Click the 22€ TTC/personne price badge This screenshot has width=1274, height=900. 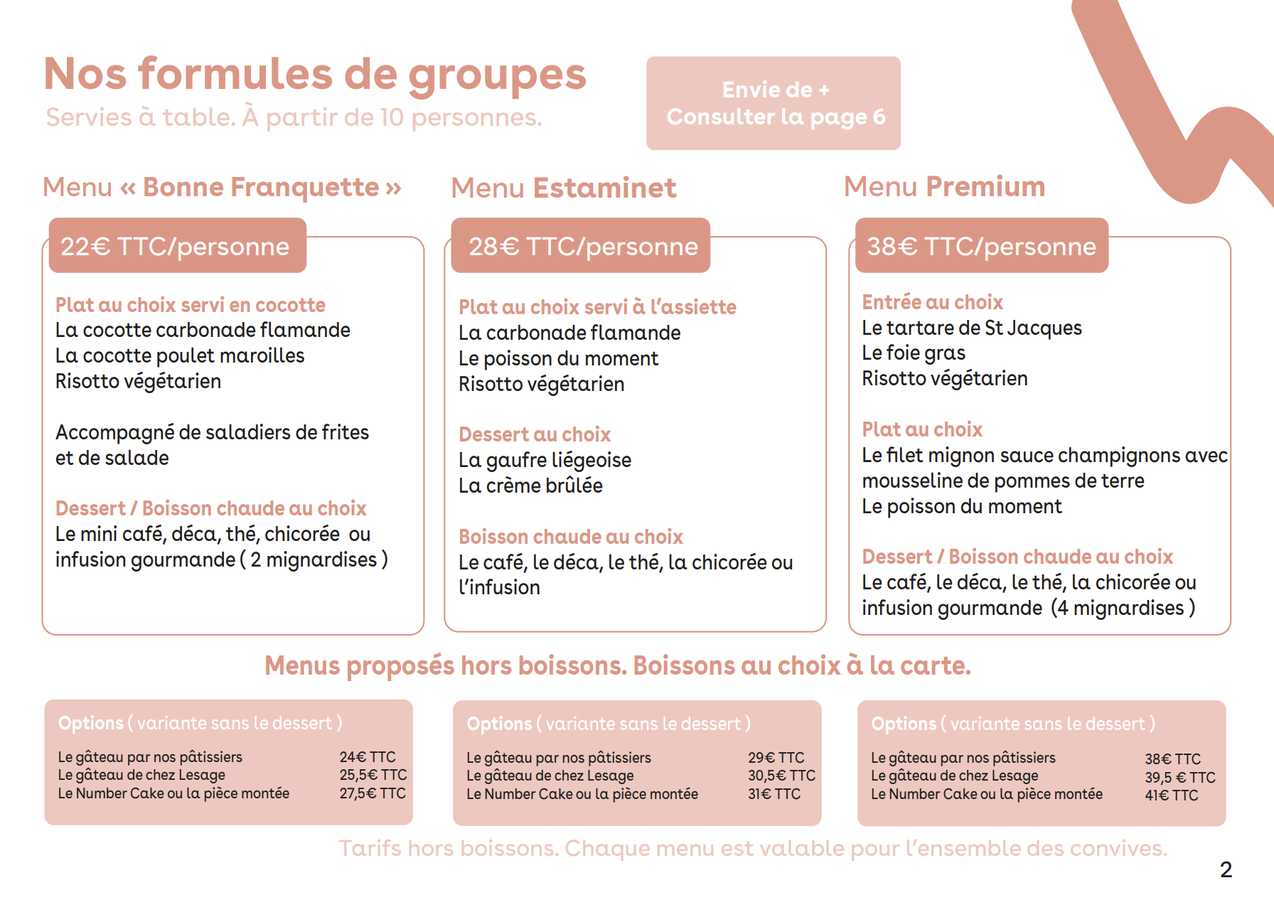176,246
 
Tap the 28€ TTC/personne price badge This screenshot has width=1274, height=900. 581,246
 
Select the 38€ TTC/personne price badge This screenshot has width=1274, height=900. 981,246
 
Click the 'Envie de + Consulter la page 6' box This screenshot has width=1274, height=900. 773,103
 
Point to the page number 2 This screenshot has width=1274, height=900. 1226,869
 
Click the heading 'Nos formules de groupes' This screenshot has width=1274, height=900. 315,74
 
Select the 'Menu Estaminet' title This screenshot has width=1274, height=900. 563,188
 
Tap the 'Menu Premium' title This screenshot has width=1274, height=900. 944,186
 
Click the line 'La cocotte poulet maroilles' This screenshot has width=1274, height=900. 180,355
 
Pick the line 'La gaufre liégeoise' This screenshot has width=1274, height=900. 545,460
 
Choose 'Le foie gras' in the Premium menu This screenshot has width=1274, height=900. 914,353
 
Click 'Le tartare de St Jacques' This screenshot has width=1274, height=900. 971,328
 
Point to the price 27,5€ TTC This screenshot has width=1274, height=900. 373,793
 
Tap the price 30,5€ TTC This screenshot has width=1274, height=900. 781,776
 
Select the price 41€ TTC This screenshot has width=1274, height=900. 1171,795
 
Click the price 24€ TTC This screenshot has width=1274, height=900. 367,757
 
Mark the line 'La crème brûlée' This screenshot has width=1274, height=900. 530,486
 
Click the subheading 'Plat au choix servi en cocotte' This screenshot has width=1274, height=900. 191,305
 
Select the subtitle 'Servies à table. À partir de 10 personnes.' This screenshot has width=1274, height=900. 294,117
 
